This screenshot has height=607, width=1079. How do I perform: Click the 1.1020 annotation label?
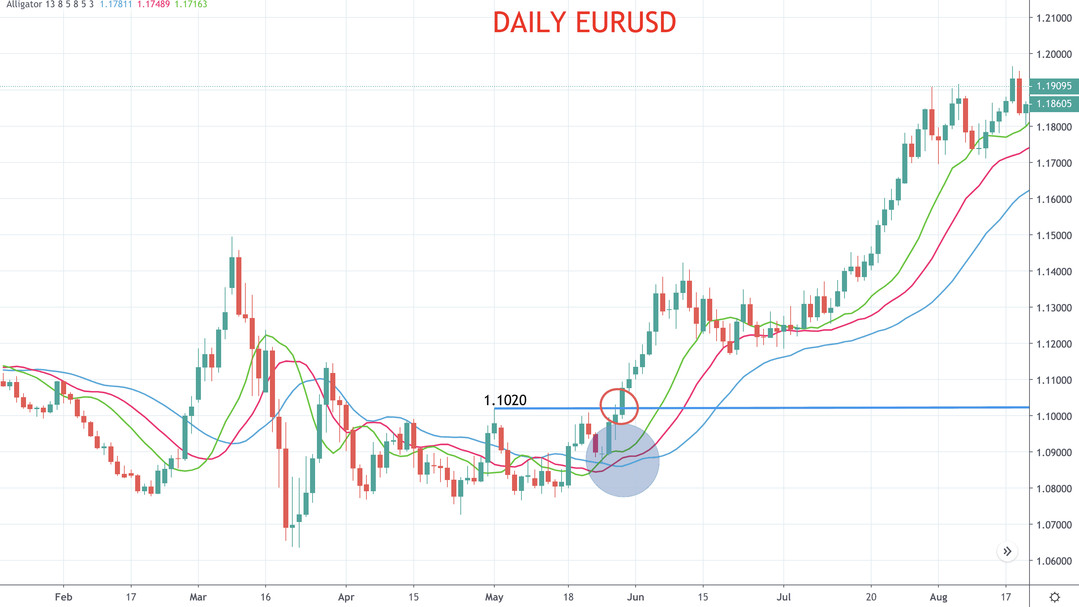tap(505, 400)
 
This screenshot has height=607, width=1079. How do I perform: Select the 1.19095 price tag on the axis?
tap(1053, 86)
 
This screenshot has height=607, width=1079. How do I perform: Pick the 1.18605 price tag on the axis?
tap(1053, 103)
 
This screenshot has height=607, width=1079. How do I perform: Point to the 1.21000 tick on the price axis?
tap(1053, 18)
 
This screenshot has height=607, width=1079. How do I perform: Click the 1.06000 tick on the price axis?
tap(1053, 561)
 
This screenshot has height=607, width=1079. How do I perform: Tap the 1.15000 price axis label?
tap(1053, 235)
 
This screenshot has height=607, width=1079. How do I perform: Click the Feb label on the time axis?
tap(63, 597)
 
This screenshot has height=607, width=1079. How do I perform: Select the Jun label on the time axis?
tap(635, 597)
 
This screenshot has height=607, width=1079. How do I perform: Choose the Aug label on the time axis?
tap(938, 597)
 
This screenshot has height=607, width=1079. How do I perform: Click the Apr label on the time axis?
tap(346, 597)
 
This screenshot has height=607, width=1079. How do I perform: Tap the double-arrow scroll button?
tap(1007, 551)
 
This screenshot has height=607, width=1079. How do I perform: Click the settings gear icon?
tap(1054, 597)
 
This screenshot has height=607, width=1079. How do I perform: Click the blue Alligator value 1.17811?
tap(116, 4)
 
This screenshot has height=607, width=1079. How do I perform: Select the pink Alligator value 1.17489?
tap(153, 4)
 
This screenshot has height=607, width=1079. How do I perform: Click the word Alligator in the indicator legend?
tap(24, 4)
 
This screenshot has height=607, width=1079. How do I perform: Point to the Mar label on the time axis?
tap(198, 597)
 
